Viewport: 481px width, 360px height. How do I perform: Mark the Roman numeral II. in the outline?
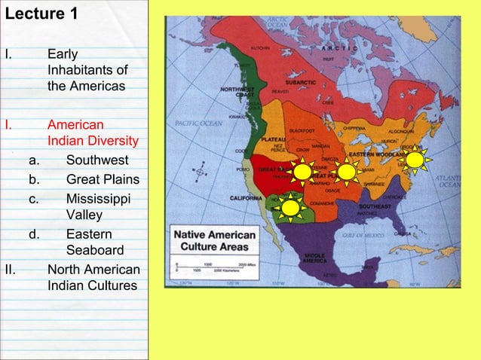point(10,270)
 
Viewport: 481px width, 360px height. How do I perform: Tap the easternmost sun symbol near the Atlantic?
point(415,160)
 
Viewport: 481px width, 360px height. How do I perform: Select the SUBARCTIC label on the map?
point(300,81)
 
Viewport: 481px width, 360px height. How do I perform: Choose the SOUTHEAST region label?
point(374,205)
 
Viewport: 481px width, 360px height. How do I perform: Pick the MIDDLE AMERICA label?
point(314,258)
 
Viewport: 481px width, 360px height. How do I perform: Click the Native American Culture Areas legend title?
point(216,241)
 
